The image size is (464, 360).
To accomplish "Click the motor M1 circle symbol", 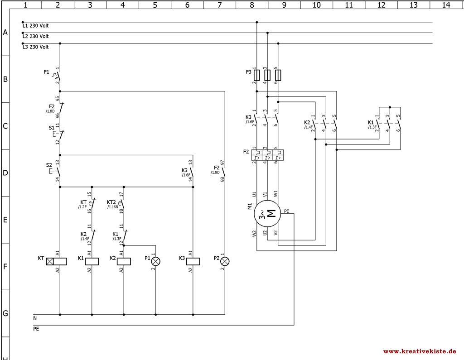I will [x=267, y=213].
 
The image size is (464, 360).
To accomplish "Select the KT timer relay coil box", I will [x=57, y=261].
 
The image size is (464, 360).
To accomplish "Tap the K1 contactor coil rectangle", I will [x=92, y=261].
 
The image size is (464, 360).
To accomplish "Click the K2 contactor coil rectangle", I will [x=124, y=261].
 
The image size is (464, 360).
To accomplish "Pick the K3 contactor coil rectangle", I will [x=193, y=261].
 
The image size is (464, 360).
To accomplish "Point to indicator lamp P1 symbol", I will [x=156, y=261].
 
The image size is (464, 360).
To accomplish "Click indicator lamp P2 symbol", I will [x=225, y=261].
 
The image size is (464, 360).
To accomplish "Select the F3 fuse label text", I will [x=248, y=72].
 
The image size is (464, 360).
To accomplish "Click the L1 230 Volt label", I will [x=35, y=26].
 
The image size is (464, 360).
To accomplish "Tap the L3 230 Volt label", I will [x=35, y=47].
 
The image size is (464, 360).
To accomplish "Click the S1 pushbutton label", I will [x=52, y=128].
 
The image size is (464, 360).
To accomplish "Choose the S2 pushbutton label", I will [x=49, y=165].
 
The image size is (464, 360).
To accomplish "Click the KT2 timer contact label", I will [x=111, y=202].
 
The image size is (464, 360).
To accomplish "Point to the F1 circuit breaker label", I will [x=46, y=72].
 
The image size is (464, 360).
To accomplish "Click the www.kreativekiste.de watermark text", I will [x=420, y=351].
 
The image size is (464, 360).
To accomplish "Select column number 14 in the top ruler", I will [x=446, y=5].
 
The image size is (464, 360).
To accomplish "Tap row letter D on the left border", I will [x=5, y=173].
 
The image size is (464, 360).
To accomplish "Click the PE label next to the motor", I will [x=286, y=211].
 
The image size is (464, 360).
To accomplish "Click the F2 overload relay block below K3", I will [x=267, y=154].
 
